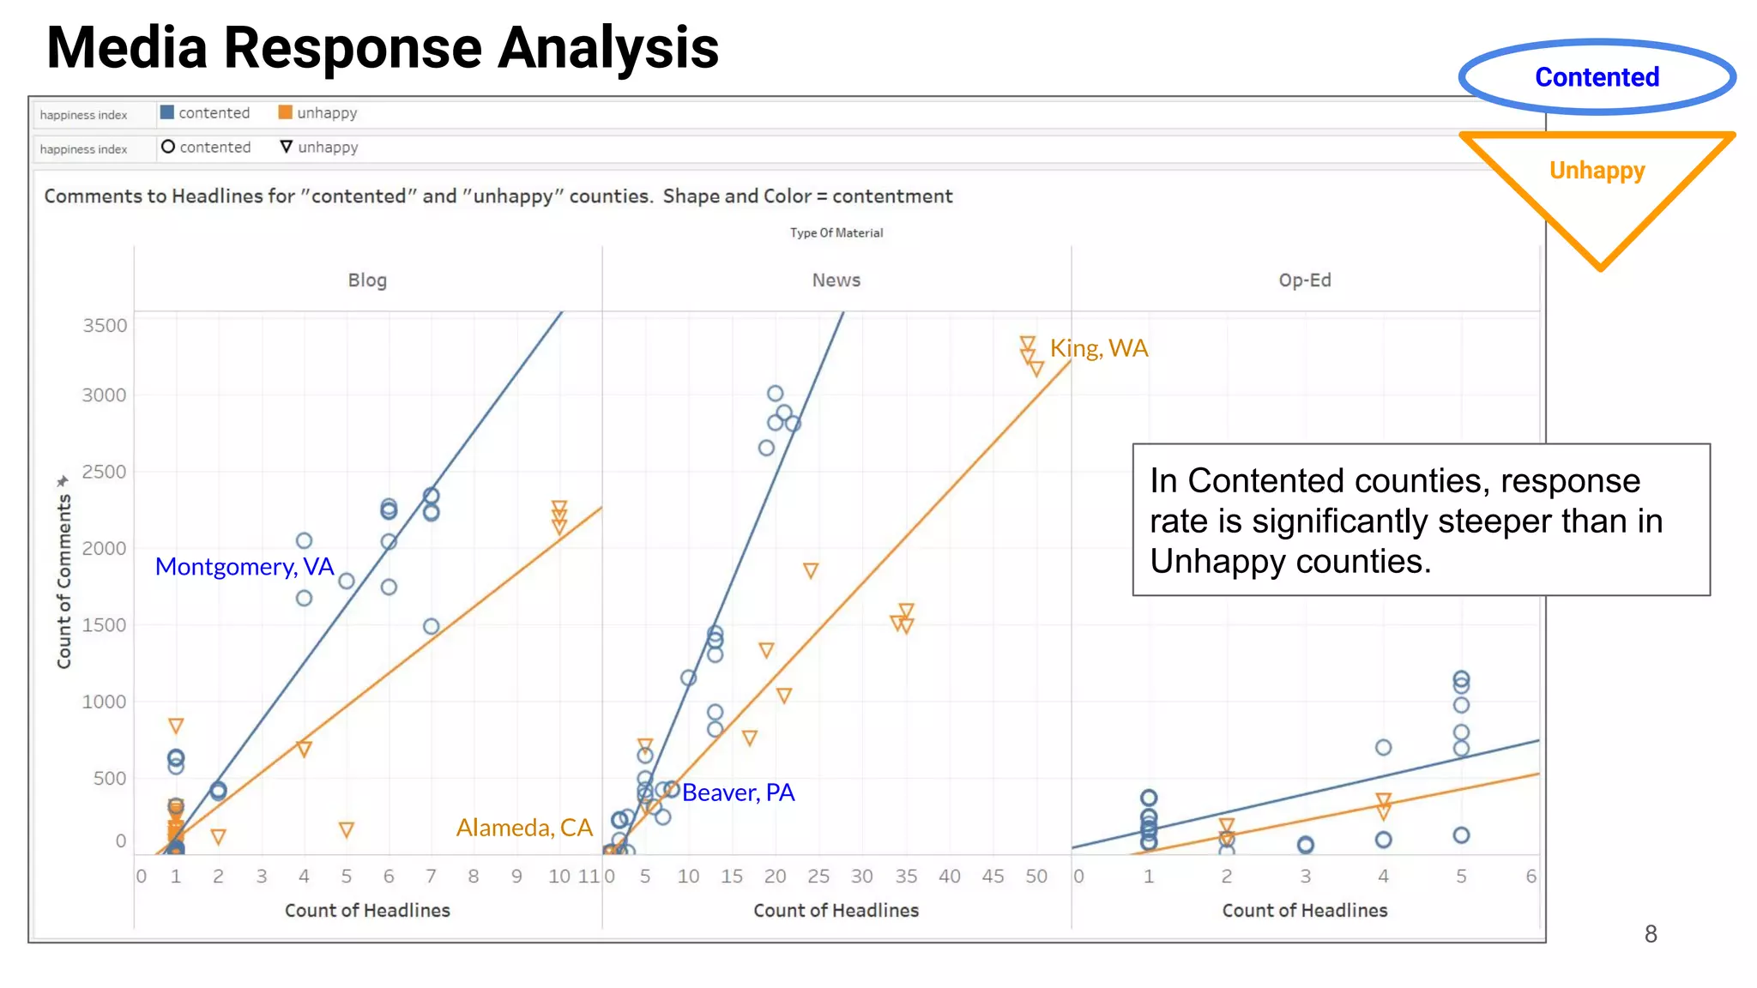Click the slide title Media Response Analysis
[383, 48]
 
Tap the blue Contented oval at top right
[1597, 77]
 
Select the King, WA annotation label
[1098, 348]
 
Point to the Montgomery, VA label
[245, 567]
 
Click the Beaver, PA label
[738, 792]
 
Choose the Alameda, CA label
[524, 828]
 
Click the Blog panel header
[367, 280]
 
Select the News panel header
[836, 280]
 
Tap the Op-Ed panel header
[1304, 280]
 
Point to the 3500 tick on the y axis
[105, 326]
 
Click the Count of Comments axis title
[63, 583]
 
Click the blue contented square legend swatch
[167, 112]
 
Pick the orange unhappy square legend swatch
[286, 112]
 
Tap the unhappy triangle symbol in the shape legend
[287, 147]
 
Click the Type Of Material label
[836, 232]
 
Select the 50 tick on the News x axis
[1036, 877]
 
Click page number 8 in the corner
[1650, 934]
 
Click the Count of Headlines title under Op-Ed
[1304, 911]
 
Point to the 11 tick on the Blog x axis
[589, 877]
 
